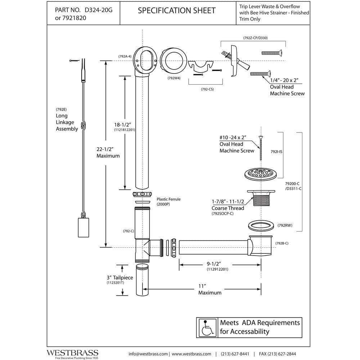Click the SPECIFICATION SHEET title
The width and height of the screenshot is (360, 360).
176,10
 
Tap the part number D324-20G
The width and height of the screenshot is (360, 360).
99,10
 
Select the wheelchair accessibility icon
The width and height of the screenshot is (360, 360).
207,328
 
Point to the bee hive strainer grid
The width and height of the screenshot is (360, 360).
261,174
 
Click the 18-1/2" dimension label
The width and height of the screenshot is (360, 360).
123,125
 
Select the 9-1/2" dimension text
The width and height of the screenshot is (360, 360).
214,264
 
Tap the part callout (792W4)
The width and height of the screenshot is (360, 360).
174,78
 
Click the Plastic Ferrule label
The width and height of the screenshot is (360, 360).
168,199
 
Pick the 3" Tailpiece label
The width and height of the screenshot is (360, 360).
120,278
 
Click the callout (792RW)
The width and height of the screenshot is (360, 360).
285,225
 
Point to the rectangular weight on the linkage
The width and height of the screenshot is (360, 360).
84,227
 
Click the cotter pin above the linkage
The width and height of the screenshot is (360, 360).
75,60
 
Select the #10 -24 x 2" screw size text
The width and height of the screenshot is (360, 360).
233,138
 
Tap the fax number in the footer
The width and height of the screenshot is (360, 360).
277,354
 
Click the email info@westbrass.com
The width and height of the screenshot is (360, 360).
148,354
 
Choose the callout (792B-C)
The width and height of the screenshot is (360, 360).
282,243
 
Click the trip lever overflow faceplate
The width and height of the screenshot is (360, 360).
234,60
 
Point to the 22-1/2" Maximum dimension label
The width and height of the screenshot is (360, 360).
108,152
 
